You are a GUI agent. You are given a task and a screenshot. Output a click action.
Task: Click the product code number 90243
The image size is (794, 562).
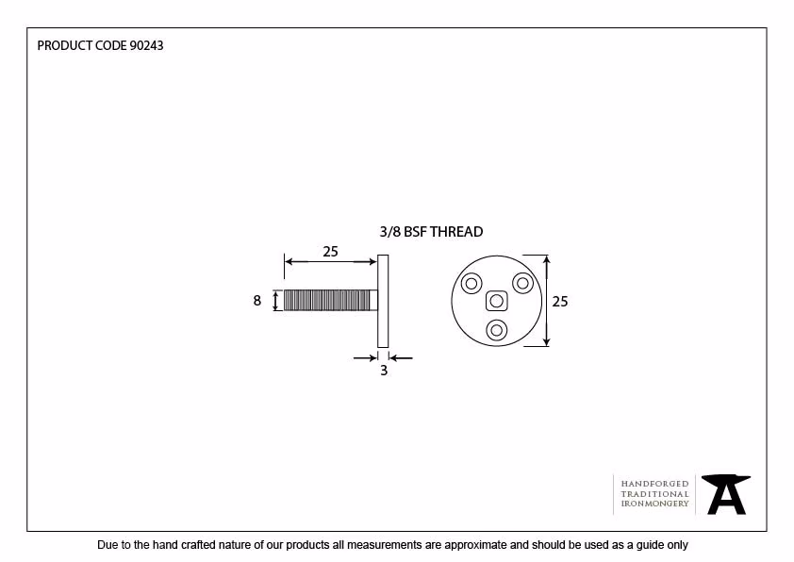click(147, 45)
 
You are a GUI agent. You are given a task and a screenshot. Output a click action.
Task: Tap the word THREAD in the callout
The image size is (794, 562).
click(456, 232)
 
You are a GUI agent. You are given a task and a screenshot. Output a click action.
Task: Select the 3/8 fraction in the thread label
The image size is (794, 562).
click(389, 232)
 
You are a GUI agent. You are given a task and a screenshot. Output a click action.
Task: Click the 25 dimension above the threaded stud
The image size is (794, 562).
click(330, 252)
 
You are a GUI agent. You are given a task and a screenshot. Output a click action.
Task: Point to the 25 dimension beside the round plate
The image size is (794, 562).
click(559, 302)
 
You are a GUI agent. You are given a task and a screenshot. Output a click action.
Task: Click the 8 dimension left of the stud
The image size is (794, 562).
click(257, 301)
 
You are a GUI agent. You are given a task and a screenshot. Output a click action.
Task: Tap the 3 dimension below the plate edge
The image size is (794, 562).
click(384, 371)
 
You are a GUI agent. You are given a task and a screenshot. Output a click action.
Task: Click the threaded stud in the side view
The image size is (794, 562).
click(331, 300)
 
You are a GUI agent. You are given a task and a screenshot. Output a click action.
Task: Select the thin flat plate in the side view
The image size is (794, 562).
click(383, 301)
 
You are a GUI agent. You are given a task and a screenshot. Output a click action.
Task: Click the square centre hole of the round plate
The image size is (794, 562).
click(496, 301)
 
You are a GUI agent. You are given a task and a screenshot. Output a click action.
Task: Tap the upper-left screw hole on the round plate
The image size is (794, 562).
click(471, 283)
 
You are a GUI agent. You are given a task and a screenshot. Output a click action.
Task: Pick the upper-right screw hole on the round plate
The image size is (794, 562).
click(522, 283)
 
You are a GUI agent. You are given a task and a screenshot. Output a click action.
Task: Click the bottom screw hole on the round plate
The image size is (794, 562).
click(496, 331)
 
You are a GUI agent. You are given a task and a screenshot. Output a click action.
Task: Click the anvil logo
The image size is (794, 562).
click(726, 495)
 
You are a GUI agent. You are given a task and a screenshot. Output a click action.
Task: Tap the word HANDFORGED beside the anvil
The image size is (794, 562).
click(654, 484)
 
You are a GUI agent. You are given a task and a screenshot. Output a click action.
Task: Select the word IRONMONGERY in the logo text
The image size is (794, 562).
click(654, 504)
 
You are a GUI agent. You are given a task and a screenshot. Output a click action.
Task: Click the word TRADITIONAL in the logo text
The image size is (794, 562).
click(654, 494)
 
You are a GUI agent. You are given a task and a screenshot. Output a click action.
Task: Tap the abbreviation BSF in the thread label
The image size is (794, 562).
click(415, 232)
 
